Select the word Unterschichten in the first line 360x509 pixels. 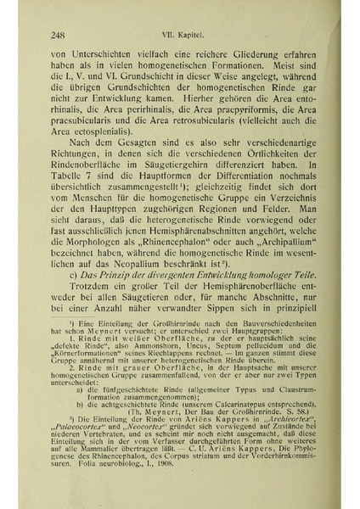tap(98, 53)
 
